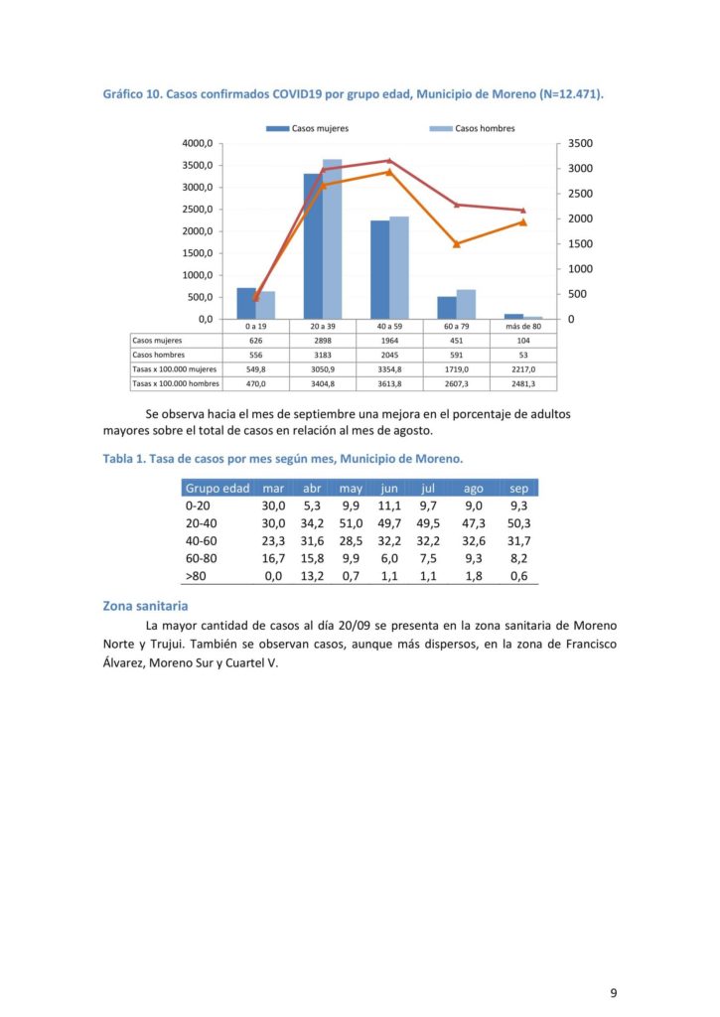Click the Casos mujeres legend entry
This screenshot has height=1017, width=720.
pos(308,128)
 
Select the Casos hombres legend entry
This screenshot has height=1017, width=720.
pos(472,128)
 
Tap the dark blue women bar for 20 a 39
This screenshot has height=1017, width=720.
pos(313,246)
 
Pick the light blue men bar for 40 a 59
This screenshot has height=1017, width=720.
pos(399,268)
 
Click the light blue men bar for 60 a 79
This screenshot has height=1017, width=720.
pos(466,304)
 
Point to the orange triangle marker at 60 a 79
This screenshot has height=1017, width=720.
pos(457,244)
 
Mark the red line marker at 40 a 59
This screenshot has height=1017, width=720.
pos(389,160)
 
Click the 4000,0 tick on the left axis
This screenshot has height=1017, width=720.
pos(198,143)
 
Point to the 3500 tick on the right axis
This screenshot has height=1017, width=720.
pos(581,143)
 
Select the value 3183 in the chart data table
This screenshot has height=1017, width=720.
pos(323,355)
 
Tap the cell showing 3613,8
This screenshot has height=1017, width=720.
pos(389,384)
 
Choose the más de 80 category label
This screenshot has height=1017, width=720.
pos(523,326)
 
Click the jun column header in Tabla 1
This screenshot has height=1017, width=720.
pos(389,489)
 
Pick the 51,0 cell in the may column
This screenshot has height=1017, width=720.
pos(351,523)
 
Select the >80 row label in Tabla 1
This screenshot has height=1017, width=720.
pos(196,576)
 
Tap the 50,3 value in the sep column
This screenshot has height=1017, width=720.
pos(519,523)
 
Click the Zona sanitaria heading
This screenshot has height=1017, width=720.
pos(145,606)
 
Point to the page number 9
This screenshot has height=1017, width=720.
pos(614,992)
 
